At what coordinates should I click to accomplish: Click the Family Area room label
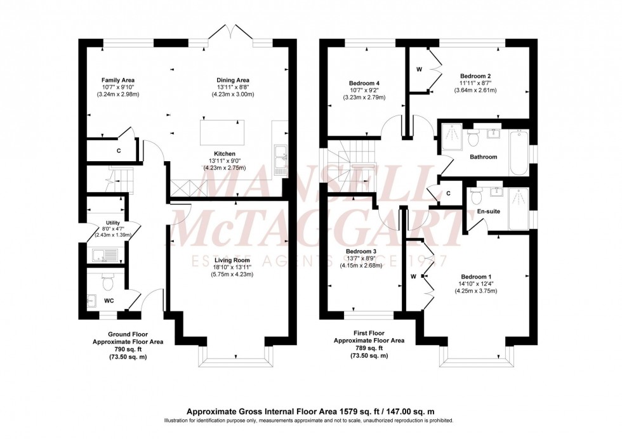(x=118, y=80)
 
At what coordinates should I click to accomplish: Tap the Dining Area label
(x=233, y=80)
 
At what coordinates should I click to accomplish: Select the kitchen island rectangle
(x=222, y=133)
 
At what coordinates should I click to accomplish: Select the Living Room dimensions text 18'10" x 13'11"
(x=232, y=267)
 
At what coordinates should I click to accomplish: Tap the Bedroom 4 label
(x=364, y=83)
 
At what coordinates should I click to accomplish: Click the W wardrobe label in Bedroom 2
(x=420, y=69)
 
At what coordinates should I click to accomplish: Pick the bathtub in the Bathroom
(x=519, y=152)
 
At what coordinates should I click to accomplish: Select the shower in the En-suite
(x=519, y=209)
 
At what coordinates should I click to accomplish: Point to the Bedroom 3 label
(x=361, y=251)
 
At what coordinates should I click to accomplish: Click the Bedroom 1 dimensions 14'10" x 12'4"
(x=476, y=284)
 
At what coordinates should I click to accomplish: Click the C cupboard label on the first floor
(x=448, y=193)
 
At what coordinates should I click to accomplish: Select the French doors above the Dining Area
(x=230, y=32)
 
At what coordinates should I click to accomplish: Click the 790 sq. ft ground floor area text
(x=128, y=349)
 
